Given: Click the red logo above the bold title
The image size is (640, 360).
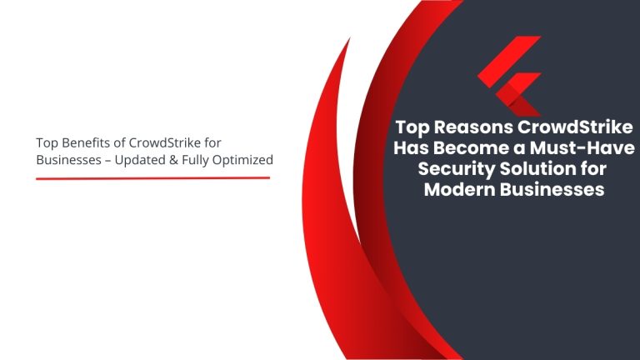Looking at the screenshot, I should [x=509, y=74].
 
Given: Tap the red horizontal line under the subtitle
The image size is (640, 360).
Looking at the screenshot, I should [x=152, y=177].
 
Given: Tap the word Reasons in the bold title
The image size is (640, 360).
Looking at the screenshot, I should [x=472, y=128].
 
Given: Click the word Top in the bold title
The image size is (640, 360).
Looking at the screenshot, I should [x=412, y=128].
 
